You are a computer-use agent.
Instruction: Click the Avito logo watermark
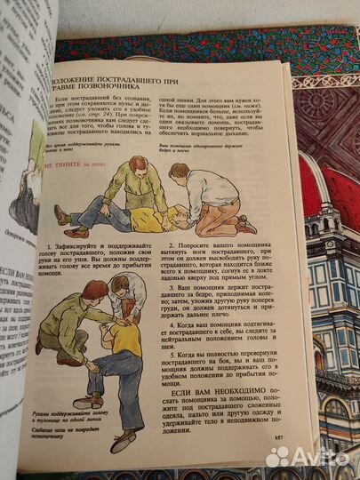click(306, 455)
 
